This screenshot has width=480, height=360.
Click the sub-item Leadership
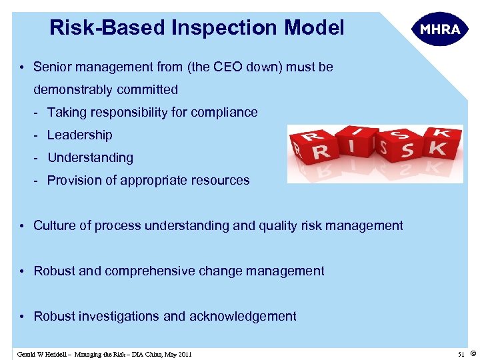pyautogui.click(x=80, y=135)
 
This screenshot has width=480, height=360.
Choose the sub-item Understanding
pyautogui.click(x=90, y=157)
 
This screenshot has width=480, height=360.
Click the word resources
pyautogui.click(x=219, y=180)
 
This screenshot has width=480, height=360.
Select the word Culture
pyautogui.click(x=55, y=225)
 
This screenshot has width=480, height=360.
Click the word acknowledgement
pyautogui.click(x=243, y=316)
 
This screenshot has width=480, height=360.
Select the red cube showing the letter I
pyautogui.click(x=356, y=141)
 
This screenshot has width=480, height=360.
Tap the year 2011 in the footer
pyautogui.click(x=183, y=354)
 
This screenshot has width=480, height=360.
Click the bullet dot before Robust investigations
pyautogui.click(x=22, y=316)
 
